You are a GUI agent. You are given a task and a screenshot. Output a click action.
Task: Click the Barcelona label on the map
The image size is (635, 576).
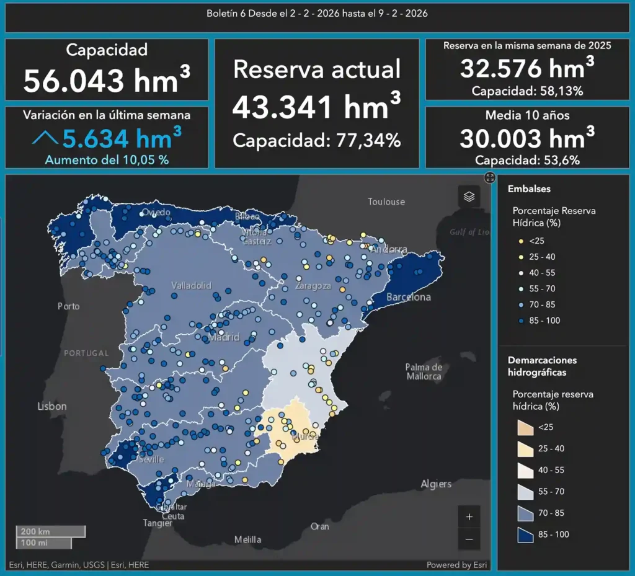coord(408,297)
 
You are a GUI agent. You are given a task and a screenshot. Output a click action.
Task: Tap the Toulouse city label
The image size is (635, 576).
coord(386,202)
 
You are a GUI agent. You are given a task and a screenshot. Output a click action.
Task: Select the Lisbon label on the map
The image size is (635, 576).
coord(51,406)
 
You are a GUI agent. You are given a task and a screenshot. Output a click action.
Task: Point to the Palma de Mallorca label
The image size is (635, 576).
coord(424,371)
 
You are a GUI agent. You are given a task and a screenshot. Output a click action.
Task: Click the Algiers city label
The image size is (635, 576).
coord(436,484)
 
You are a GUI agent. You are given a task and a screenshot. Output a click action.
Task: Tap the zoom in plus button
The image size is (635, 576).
coord(469,516)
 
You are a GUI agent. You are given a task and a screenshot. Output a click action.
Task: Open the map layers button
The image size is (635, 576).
coord(469,197)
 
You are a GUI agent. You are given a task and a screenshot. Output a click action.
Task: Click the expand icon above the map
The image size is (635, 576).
coord(490,178)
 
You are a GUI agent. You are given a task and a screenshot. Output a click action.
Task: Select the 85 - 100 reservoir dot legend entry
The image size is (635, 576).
coord(521,321)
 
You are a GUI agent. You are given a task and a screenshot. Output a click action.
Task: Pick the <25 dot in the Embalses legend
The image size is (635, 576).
coord(521,241)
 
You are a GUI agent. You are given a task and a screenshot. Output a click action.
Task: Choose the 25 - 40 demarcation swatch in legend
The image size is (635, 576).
coord(526,448)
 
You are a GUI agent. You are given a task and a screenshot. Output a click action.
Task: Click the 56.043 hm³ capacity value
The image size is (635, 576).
coord(107,80)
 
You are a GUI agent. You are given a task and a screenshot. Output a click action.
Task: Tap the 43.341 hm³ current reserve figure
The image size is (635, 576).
coord(316,107)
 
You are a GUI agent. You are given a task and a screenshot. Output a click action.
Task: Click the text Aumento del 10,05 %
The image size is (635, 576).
coord(107,159)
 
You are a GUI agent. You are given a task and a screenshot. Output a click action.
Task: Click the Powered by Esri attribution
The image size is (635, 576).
coord(456,565)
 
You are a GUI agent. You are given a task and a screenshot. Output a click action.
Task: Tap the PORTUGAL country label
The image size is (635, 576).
coord(86,353)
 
